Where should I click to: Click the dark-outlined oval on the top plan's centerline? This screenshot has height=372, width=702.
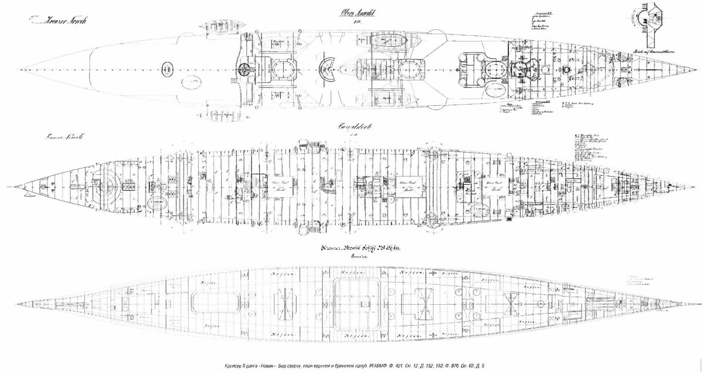(167, 70)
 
